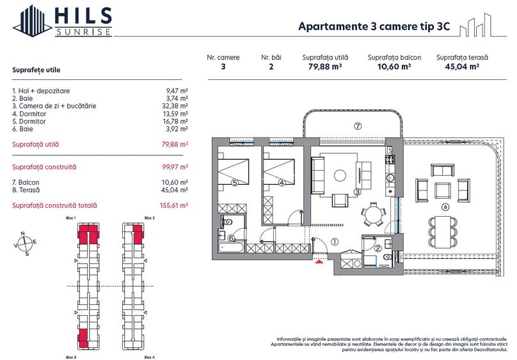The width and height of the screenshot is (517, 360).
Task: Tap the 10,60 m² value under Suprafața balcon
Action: click(x=394, y=66)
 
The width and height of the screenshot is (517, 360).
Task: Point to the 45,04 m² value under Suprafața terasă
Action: click(x=462, y=66)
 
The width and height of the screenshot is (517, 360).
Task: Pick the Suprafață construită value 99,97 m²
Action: click(x=175, y=167)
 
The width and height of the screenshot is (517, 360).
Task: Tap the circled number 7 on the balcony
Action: click(x=358, y=126)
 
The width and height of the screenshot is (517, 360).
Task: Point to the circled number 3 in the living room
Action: click(x=358, y=191)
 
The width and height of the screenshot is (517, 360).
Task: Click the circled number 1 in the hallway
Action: click(x=335, y=242)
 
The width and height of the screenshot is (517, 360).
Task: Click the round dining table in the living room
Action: click(x=372, y=214)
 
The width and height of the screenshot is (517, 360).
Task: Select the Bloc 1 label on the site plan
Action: click(x=71, y=219)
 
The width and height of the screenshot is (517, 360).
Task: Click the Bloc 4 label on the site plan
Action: click(x=149, y=356)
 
